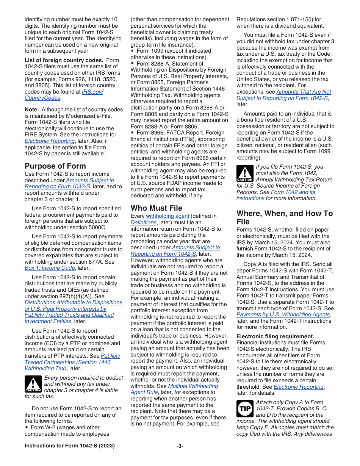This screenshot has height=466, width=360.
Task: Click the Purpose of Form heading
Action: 55,166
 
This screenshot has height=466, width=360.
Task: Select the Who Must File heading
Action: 157,208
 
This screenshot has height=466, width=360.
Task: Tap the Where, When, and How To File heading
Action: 285,217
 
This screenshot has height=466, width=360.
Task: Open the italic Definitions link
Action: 143,222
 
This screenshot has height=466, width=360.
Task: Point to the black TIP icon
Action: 244,409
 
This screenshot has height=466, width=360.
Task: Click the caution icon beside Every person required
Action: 33,384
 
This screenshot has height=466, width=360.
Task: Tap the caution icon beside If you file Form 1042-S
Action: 244,173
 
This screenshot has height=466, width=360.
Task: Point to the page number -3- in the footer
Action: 180,446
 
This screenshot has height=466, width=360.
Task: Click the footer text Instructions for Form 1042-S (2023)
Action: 69,446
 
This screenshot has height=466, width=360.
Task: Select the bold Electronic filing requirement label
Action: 275,336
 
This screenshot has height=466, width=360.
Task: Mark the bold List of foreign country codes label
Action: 64,60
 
